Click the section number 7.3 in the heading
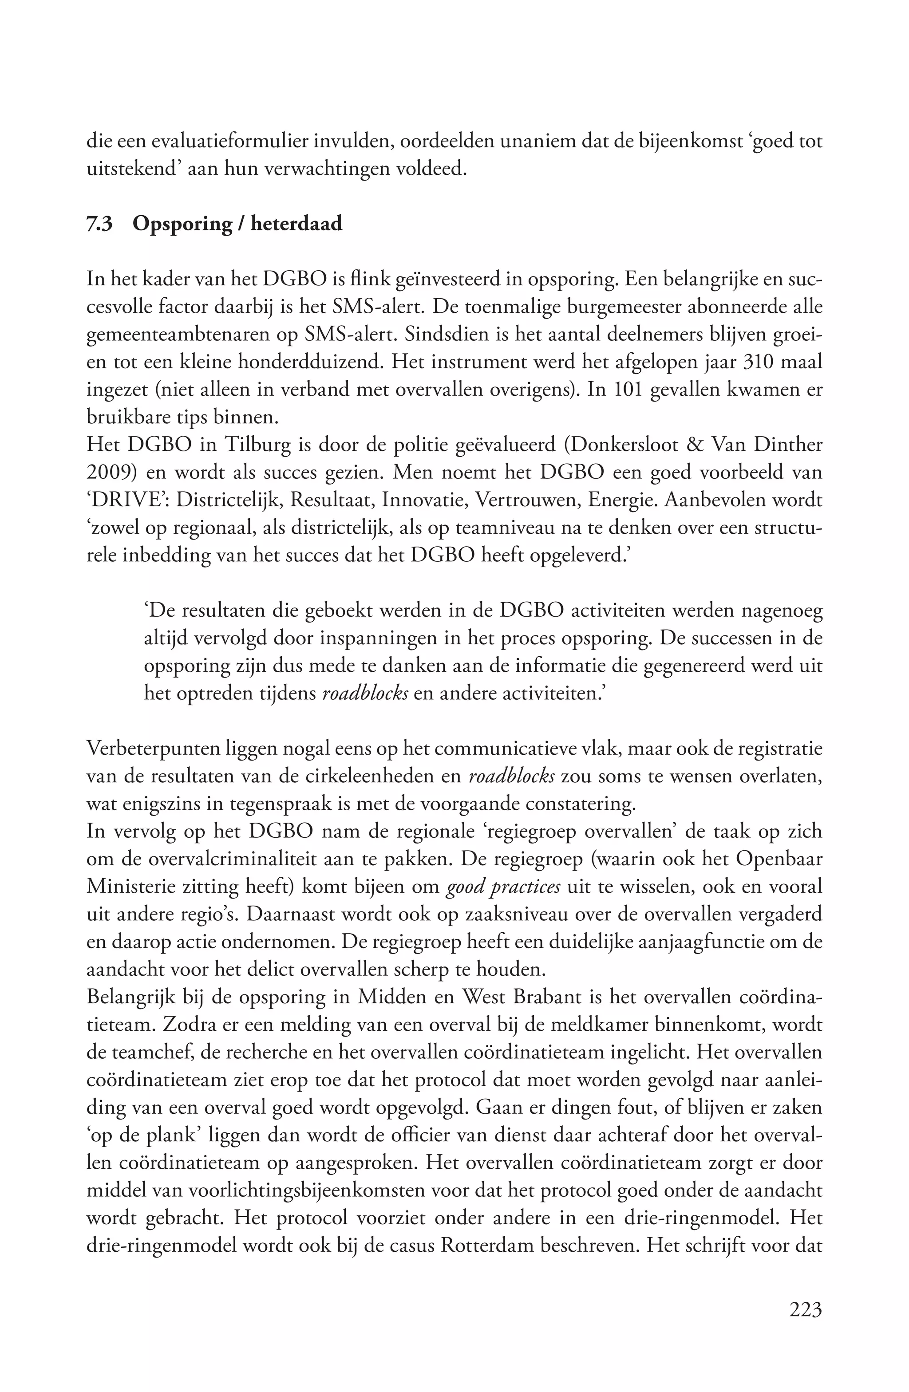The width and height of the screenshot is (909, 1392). (x=99, y=224)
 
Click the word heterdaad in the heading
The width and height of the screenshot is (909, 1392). (x=296, y=224)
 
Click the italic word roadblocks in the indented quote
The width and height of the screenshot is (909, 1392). (x=366, y=694)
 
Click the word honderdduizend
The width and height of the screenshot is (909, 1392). (x=311, y=363)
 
